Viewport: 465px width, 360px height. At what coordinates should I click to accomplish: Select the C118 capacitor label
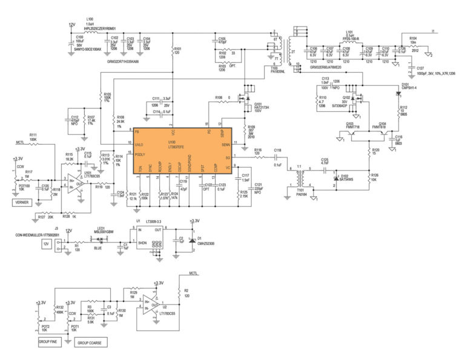click(x=277, y=149)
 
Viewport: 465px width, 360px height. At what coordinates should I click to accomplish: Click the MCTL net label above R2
click(x=194, y=273)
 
